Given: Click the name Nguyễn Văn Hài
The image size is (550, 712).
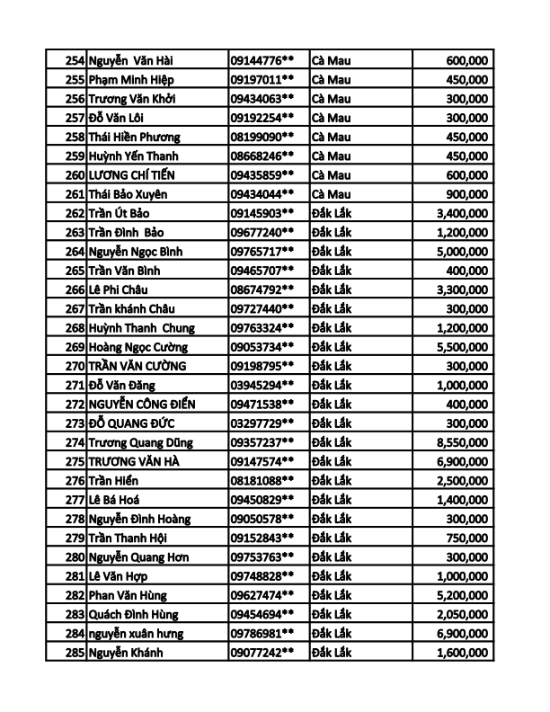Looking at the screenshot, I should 131,60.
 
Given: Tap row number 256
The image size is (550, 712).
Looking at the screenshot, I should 75,99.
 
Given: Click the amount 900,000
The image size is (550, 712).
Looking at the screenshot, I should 466,194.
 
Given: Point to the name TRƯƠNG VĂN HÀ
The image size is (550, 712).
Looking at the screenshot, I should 136,461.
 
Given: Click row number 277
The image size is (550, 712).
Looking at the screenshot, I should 75,500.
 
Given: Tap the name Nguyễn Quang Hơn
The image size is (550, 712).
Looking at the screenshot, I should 139,557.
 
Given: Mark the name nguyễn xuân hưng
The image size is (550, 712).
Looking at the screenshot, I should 136,634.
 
